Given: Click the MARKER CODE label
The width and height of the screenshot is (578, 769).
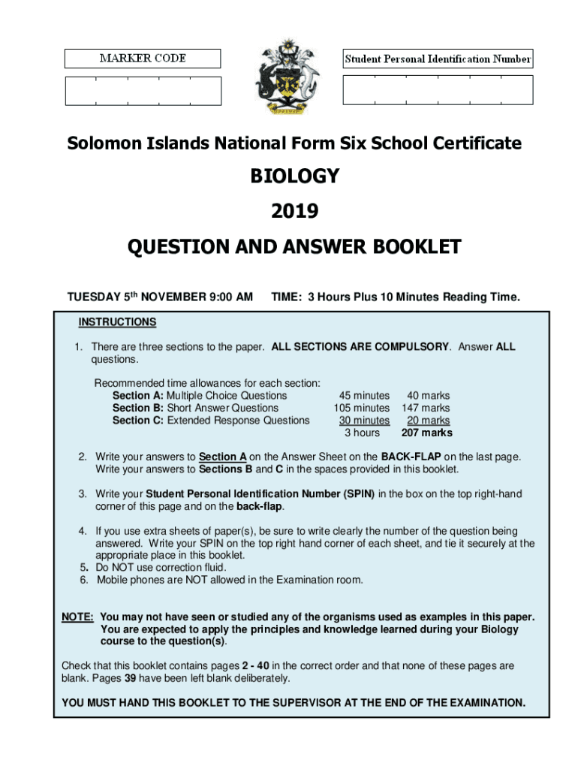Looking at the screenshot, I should click(143, 59).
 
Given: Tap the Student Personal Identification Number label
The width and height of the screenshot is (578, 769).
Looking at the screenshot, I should click(438, 59).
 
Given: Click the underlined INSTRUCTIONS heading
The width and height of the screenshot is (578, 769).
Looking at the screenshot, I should click(117, 322).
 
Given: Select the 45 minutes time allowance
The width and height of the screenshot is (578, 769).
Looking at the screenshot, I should click(364, 395).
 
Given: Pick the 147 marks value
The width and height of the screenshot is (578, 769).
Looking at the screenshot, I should click(426, 408).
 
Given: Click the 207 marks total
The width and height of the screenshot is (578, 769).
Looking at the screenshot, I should click(426, 433).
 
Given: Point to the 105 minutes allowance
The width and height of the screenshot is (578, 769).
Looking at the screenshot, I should click(362, 408).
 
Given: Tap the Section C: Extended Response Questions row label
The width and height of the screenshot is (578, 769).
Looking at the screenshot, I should click(211, 421).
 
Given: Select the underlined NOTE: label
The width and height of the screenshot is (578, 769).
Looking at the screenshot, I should click(77, 617).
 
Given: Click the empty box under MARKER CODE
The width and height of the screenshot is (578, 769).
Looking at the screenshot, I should click(143, 90).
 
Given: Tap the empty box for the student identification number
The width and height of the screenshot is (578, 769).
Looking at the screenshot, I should click(438, 90).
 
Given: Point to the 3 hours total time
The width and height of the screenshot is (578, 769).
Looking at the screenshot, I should click(362, 433).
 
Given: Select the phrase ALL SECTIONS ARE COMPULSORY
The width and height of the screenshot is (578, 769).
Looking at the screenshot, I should click(360, 347).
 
